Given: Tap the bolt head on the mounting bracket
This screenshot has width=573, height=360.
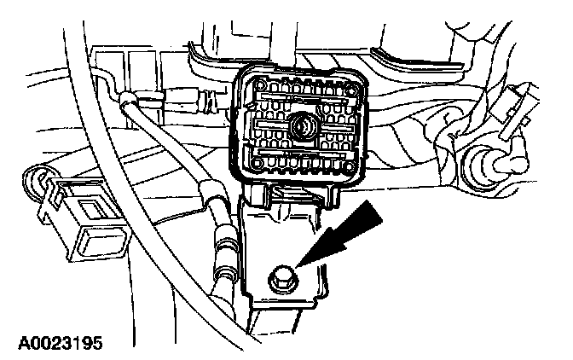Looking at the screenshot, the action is click(x=281, y=277).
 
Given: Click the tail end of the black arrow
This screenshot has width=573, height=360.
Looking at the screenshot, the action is click(x=367, y=215).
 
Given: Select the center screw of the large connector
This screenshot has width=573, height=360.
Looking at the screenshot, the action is click(x=300, y=127).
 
